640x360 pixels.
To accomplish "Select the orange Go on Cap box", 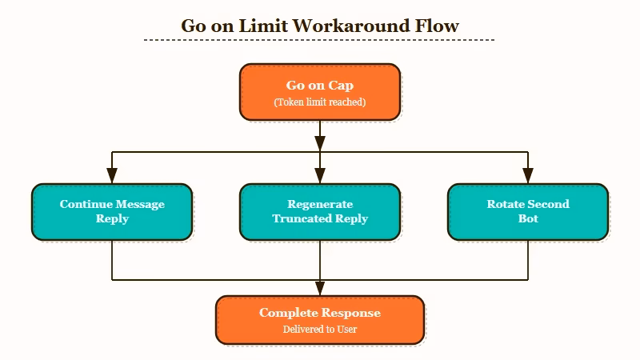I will [x=320, y=92].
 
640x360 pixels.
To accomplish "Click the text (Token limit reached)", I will [x=320, y=102].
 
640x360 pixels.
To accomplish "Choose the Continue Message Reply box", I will [x=112, y=212].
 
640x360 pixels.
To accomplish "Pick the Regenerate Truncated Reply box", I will [x=320, y=212].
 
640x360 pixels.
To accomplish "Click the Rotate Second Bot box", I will [x=528, y=212].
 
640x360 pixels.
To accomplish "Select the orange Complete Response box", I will [x=320, y=320].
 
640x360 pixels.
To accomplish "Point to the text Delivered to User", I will [x=320, y=330].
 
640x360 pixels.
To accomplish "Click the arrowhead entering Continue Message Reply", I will [x=112, y=177].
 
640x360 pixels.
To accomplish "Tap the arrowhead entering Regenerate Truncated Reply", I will [x=320, y=177].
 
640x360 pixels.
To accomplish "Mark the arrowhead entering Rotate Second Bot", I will [x=528, y=177].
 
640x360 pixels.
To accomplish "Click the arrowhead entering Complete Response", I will [x=320, y=289].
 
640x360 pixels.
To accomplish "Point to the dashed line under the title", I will [x=320, y=40].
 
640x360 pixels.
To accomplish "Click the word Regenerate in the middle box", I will [x=320, y=204].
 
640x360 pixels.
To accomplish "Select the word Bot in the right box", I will [x=528, y=218].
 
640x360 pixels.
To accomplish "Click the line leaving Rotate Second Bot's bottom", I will [x=528, y=260].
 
